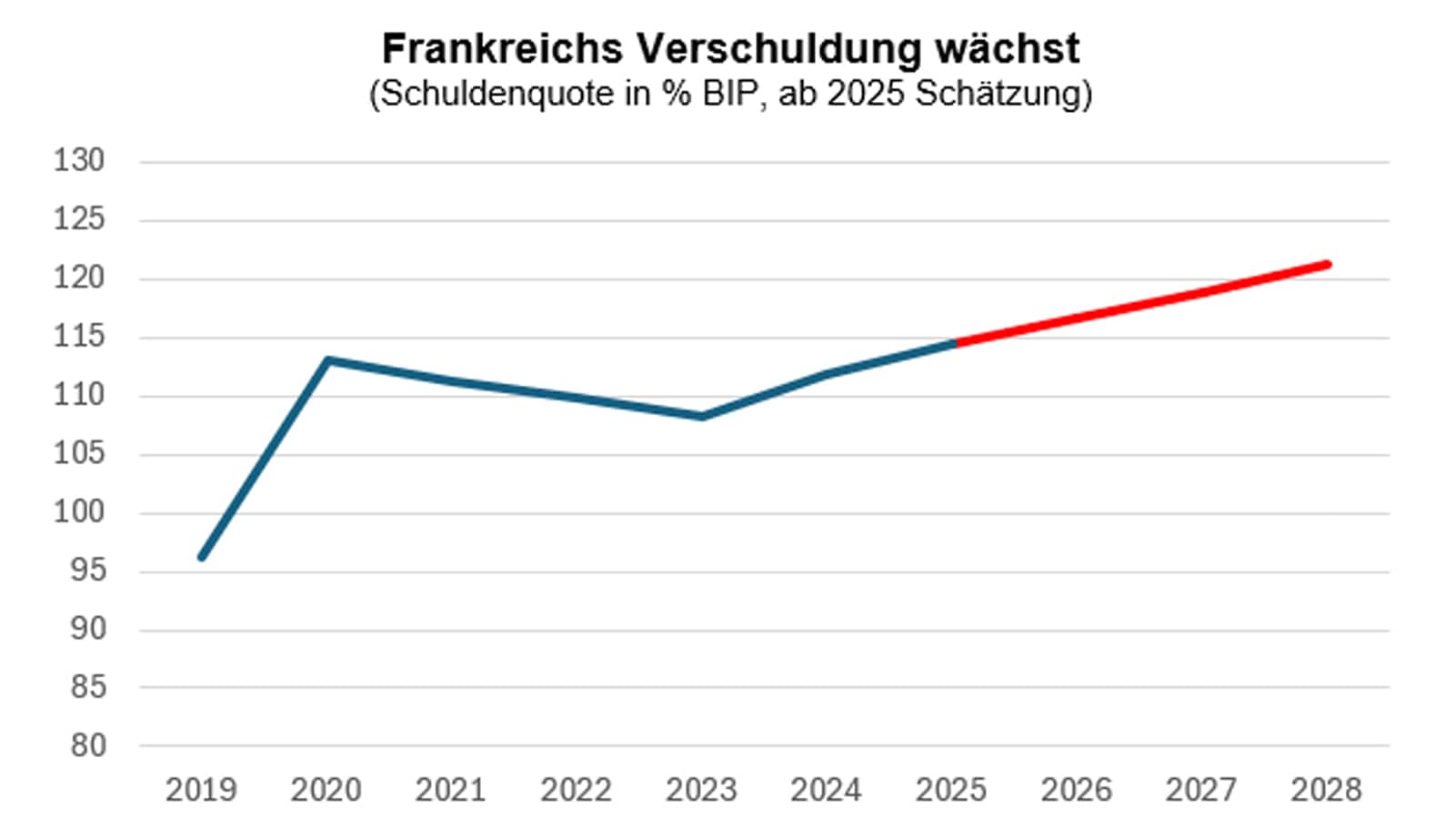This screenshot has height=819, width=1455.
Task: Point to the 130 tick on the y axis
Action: [80, 161]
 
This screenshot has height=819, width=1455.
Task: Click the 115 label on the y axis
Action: [80, 337]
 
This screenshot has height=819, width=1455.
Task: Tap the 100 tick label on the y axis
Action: [80, 512]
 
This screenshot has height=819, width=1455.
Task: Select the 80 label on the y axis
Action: [88, 746]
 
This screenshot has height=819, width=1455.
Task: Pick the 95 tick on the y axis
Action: [88, 571]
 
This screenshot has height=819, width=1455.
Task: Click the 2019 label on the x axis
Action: [201, 790]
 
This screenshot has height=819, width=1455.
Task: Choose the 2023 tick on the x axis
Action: [701, 790]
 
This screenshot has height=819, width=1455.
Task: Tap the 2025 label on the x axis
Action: [951, 790]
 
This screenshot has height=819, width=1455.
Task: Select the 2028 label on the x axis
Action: [1326, 790]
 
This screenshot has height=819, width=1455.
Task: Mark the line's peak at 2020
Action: [327, 360]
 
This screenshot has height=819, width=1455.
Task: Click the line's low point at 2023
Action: [702, 417]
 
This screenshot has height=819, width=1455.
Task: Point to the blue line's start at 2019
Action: [202, 557]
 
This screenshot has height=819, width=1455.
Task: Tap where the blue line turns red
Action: [955, 343]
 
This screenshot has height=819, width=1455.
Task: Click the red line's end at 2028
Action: [1329, 265]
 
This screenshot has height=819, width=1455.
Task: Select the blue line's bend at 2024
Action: [827, 374]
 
